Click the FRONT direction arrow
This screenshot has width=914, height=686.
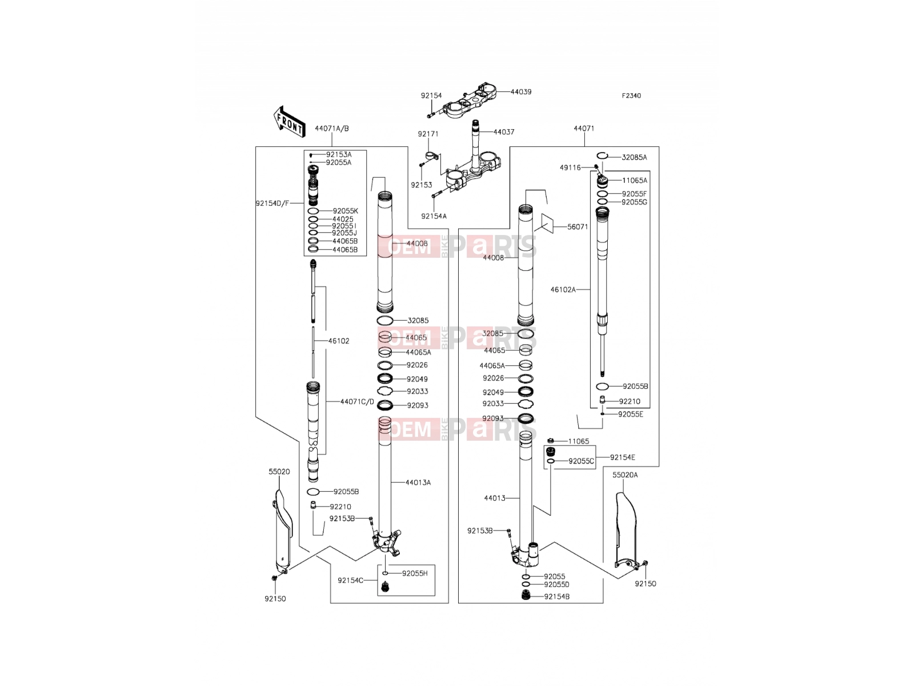[290, 122]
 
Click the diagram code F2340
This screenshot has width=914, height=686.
[631, 96]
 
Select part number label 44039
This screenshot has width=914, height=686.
[521, 91]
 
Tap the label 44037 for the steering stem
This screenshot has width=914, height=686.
[504, 131]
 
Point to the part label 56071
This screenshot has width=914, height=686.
[578, 227]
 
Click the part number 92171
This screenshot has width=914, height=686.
[428, 134]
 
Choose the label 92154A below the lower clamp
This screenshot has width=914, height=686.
[434, 216]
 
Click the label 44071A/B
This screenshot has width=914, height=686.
[332, 128]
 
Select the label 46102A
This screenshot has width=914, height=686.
[563, 289]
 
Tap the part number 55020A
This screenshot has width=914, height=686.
[625, 475]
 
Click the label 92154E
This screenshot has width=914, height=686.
[623, 457]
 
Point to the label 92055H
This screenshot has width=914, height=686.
[415, 573]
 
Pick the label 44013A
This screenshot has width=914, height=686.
[418, 482]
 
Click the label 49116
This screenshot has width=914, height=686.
[570, 167]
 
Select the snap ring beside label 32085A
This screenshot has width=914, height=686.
[602, 155]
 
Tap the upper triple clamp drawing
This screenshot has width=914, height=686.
[469, 101]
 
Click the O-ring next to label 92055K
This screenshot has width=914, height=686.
[313, 211]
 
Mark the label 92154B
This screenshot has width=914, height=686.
[557, 596]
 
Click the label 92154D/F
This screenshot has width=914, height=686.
[272, 204]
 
